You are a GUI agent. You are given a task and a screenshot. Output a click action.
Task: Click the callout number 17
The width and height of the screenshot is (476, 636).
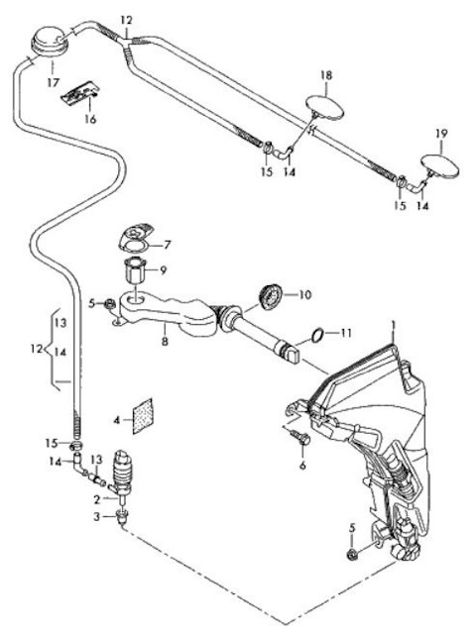[54, 82]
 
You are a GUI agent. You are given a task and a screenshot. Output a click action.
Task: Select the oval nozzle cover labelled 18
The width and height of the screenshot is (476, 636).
[325, 107]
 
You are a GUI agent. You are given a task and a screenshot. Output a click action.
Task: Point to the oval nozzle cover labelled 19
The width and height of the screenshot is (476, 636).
[440, 165]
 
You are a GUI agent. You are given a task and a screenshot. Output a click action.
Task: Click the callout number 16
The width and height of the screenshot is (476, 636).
[90, 119]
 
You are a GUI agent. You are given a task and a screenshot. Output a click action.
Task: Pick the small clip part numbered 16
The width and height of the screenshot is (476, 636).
[80, 94]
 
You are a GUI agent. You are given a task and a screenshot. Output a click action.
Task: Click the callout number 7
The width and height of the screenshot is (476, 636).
[167, 245]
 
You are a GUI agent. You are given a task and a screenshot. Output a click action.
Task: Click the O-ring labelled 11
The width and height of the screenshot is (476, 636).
[317, 335]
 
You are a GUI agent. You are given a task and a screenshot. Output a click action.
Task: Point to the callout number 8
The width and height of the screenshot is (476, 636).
[165, 342]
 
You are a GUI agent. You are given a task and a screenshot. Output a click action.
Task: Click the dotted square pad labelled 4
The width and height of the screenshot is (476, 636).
[143, 416]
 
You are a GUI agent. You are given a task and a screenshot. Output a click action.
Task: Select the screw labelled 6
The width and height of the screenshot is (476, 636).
[300, 437]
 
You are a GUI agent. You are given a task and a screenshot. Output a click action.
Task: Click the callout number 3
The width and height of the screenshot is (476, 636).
[96, 517]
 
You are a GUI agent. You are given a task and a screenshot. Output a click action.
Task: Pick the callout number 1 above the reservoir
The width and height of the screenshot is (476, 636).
[393, 325]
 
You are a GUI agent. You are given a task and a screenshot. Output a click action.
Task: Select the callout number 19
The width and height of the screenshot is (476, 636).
[442, 134]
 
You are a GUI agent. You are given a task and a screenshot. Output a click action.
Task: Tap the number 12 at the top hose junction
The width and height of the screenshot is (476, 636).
[126, 20]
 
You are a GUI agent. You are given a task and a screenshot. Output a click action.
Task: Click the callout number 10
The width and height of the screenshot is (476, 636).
[304, 294]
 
